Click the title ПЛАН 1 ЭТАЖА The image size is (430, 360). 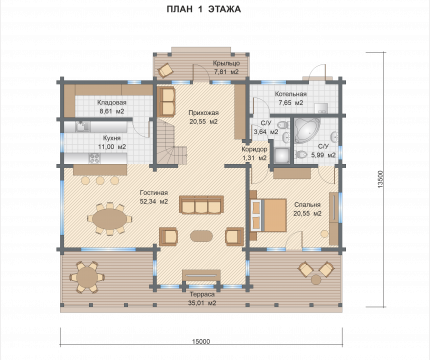coord(204,9)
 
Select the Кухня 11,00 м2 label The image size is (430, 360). coord(112,142)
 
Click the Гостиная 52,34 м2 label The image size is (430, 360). coord(154,197)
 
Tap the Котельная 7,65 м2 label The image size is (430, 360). coord(291,98)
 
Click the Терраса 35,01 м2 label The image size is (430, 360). coord(202,299)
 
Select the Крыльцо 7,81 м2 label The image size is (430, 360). coord(226,67)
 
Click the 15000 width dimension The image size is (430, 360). coord(201,342)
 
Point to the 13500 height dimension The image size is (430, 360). coord(381,179)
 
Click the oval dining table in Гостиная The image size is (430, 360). coord(110,219)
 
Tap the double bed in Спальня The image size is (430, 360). coord(268,215)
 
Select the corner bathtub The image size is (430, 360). coord(306,130)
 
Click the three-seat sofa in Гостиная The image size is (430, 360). coord(201,205)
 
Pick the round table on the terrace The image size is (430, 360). coord(87,277)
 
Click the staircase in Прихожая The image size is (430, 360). coord(169,141)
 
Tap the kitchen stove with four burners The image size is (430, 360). coord(94,158)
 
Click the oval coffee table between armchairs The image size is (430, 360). coord(201,236)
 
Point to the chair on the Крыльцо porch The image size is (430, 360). coord(165,70)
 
